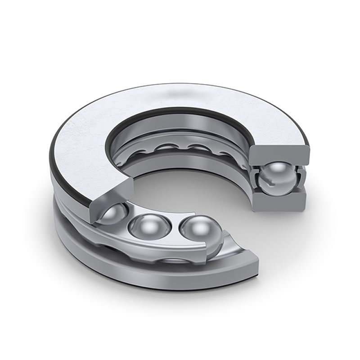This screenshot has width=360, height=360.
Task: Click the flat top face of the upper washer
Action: click(x=90, y=135)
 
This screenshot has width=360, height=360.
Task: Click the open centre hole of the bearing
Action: click(x=189, y=189)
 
